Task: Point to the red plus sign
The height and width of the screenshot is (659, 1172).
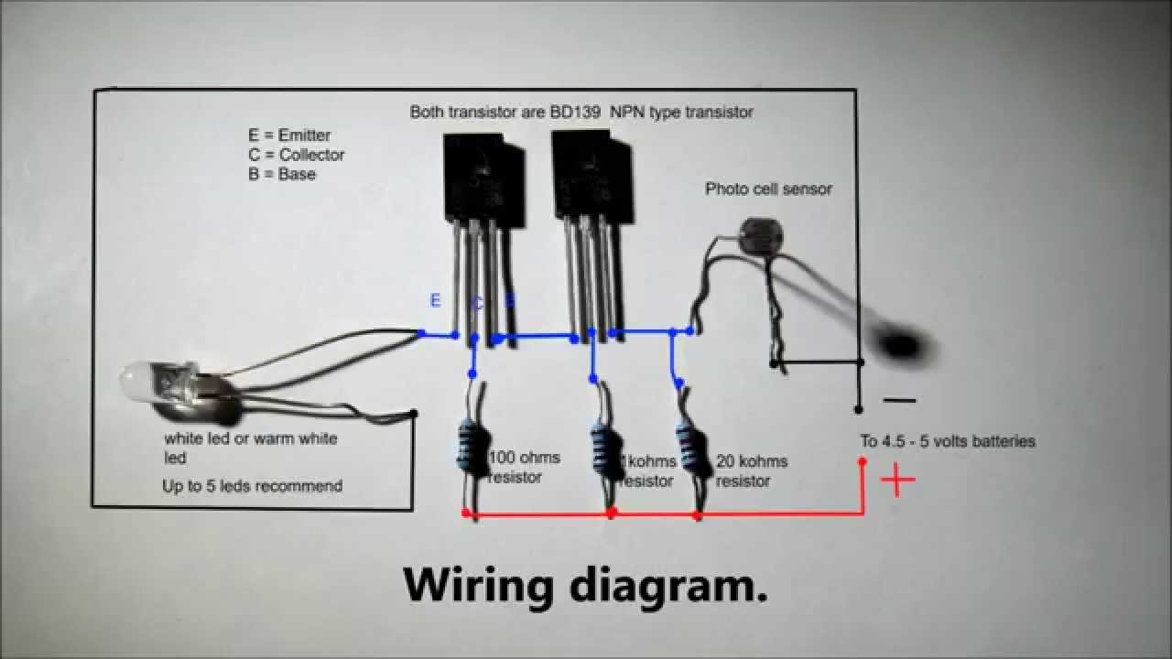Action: point(897,480)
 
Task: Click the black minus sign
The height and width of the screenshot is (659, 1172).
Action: point(899,401)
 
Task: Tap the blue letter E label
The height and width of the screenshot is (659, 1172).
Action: point(435,301)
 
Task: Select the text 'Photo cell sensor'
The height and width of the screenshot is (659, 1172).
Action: point(768,189)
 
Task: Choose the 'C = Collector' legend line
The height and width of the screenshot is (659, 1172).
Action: point(296,155)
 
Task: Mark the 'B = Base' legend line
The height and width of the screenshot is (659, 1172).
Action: point(281,174)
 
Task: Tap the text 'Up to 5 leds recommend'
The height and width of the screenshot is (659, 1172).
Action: point(252,486)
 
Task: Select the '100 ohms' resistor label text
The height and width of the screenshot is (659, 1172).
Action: point(524,458)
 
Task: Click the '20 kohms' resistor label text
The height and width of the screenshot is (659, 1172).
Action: point(751,461)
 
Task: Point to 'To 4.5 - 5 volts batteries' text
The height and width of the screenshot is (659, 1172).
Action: point(947,441)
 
